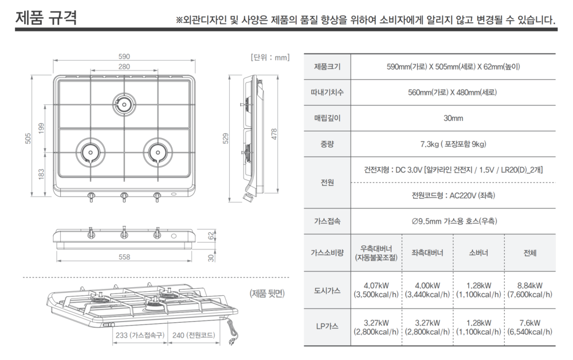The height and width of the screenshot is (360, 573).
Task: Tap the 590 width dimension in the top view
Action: tap(124, 56)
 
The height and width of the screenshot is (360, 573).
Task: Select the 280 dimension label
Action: tap(124, 67)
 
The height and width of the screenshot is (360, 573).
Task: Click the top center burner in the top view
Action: tap(124, 103)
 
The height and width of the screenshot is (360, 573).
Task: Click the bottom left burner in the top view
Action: tap(90, 152)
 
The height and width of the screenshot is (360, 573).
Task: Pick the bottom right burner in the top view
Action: tap(158, 152)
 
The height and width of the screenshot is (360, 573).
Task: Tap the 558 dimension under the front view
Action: tap(124, 257)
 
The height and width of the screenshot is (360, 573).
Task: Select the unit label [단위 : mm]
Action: tap(270, 57)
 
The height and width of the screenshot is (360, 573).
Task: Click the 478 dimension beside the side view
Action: tap(274, 134)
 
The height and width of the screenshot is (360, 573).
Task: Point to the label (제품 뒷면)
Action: tap(268, 294)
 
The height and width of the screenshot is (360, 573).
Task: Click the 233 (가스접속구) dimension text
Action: tap(140, 336)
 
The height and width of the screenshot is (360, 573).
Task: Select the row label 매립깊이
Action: tap(327, 118)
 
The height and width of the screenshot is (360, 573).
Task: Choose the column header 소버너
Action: tap(478, 253)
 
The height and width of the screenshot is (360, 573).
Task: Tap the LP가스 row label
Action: tap(327, 327)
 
